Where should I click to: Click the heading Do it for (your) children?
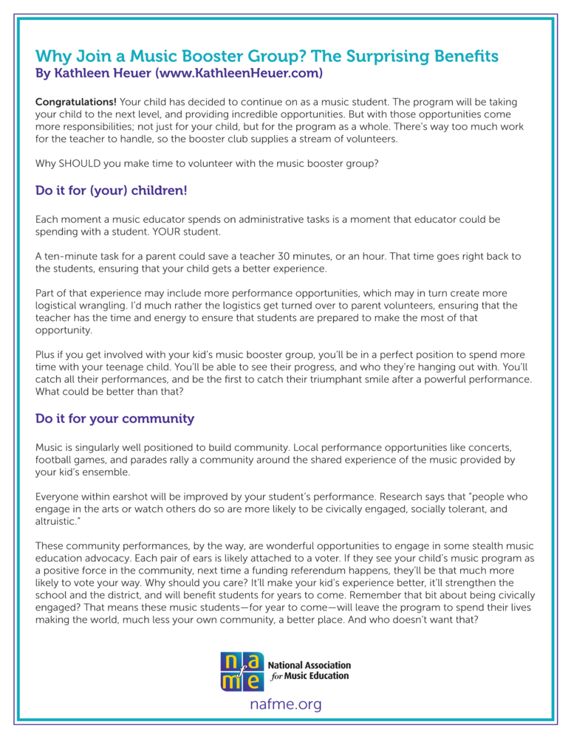tap(111, 191)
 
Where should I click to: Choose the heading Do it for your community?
tap(114, 419)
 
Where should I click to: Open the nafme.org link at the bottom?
tap(285, 705)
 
